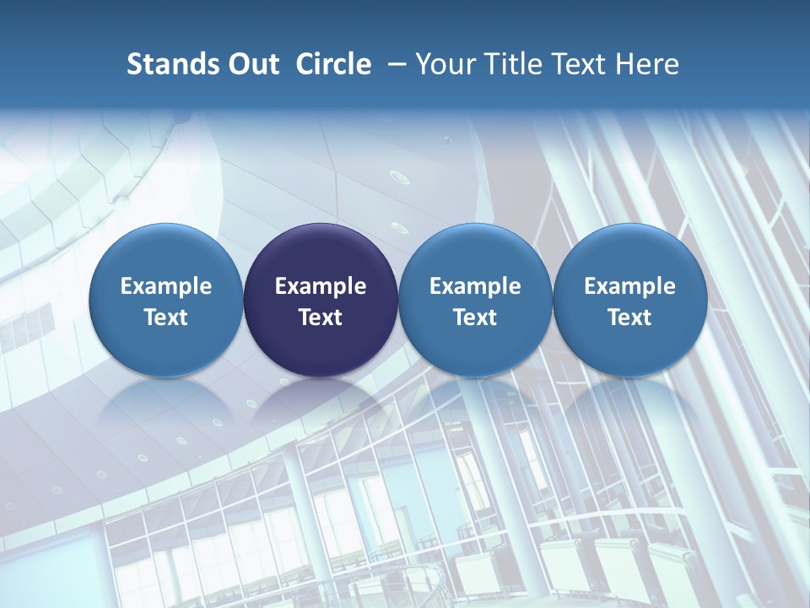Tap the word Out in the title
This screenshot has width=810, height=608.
(x=252, y=64)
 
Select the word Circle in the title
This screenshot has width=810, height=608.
(x=333, y=64)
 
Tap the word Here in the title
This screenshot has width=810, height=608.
(x=648, y=64)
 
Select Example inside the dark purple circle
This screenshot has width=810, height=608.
(x=321, y=286)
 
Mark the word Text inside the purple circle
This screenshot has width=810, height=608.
(x=321, y=318)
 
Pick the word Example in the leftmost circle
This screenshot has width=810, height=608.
(x=165, y=286)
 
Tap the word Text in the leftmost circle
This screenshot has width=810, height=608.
(x=165, y=318)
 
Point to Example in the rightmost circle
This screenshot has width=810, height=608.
(x=629, y=286)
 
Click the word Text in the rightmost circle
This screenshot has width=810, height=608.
(x=629, y=318)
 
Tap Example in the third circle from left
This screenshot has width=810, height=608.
(x=475, y=286)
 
